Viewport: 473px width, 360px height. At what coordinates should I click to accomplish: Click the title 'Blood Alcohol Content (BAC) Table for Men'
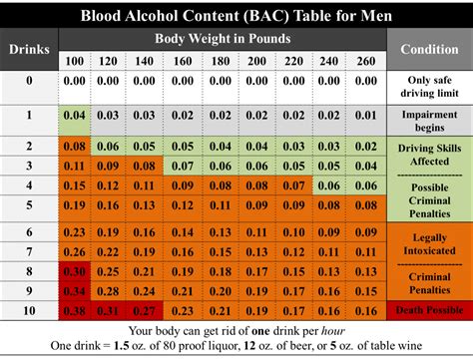point(236,15)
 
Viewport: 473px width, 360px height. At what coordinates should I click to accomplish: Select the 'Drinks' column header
point(29,49)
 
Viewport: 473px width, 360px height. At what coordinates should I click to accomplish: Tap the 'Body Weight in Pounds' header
point(222,39)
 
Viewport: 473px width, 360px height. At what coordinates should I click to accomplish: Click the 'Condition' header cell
point(429,49)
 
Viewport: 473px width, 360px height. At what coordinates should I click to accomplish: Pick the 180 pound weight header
point(181,61)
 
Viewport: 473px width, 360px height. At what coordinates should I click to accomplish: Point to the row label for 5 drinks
point(29,204)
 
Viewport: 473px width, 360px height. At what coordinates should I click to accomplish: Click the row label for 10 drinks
point(29,310)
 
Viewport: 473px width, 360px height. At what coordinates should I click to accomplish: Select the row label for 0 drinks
point(29,81)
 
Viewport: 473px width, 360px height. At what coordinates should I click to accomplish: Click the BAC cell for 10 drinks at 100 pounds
point(75,310)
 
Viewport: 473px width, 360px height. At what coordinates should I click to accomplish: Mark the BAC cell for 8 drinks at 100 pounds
point(75,270)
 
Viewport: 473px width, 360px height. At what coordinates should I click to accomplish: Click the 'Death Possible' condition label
point(429,310)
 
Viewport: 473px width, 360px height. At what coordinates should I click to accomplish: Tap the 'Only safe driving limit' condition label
point(429,86)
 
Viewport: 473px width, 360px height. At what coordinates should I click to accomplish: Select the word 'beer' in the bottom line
point(307,346)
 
